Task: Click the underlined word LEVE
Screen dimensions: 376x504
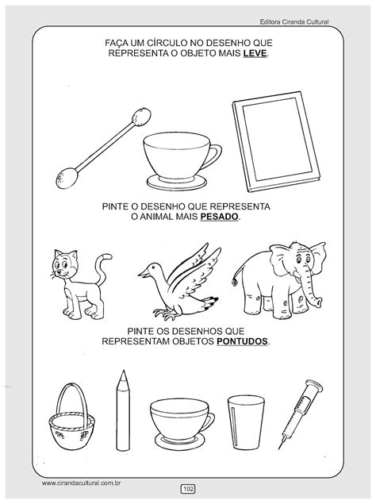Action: point(255,53)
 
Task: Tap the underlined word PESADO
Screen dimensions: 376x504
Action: point(220,217)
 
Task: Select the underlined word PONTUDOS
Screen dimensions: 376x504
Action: point(242,341)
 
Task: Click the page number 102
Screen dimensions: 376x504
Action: point(188,489)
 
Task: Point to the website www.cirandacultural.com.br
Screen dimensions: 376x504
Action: point(81,483)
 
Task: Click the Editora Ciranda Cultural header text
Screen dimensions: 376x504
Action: point(294,22)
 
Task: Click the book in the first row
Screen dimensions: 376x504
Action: point(276,141)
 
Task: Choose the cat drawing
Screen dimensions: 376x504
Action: point(80,283)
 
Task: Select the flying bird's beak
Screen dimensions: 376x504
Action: point(143,273)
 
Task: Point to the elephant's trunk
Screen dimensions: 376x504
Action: point(312,293)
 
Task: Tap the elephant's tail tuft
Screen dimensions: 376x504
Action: point(235,283)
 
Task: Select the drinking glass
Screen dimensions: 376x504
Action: point(246,423)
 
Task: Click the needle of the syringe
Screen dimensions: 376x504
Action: point(282,444)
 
